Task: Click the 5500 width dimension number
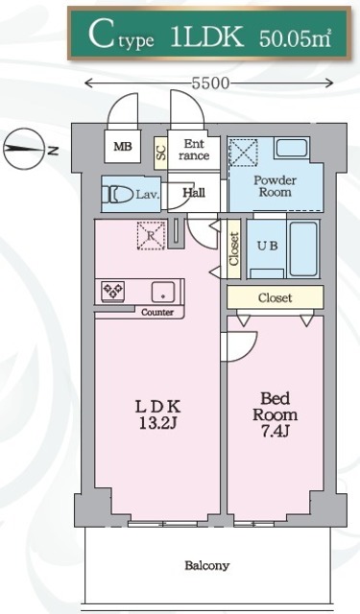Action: click(x=209, y=83)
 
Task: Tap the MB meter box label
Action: click(x=123, y=147)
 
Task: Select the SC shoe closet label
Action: click(x=161, y=153)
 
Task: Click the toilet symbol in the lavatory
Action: click(x=118, y=194)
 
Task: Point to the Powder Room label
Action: click(x=275, y=186)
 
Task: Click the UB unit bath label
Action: click(x=268, y=246)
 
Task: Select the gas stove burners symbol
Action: click(x=113, y=291)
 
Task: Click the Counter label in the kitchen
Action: click(x=157, y=313)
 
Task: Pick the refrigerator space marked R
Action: click(x=151, y=235)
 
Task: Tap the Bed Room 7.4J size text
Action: click(x=275, y=414)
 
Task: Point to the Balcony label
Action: click(x=206, y=565)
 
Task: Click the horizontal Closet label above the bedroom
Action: click(x=275, y=297)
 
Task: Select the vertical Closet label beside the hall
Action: click(x=234, y=249)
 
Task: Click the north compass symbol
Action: click(x=23, y=150)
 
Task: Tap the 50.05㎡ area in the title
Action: click(x=296, y=39)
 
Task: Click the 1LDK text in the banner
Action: click(x=207, y=37)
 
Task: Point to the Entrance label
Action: click(x=194, y=150)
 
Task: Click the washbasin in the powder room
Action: click(x=292, y=148)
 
